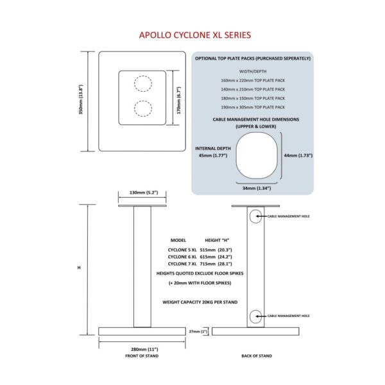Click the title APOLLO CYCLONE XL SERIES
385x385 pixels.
coord(195,35)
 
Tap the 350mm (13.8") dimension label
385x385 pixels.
coord(81,101)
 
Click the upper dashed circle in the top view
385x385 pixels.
coord(142,83)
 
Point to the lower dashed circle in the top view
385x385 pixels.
coord(142,107)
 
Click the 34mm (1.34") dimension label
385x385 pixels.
coord(256,188)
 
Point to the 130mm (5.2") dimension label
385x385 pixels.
coord(143,192)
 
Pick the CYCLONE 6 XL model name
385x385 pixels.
coord(182,255)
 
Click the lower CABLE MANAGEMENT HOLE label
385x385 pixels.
coord(289,316)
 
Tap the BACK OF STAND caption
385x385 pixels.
coord(256,355)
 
